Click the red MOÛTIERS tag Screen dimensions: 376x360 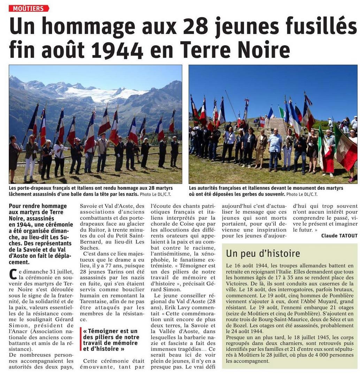coord(29,8)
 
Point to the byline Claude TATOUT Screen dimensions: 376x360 coord(339,236)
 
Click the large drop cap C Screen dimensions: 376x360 coord(13,273)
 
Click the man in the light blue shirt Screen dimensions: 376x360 coord(275,146)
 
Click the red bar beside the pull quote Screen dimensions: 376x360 coord(81,339)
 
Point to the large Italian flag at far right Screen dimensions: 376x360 coord(345,150)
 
